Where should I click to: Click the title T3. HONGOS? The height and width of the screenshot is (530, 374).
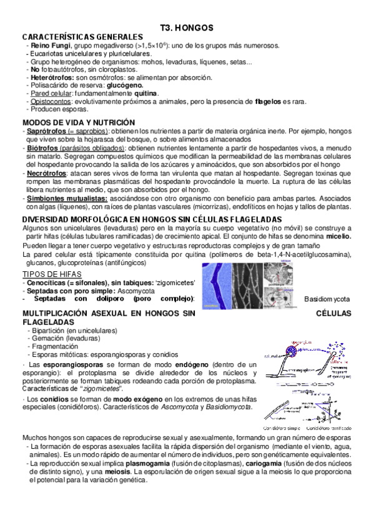(187, 28)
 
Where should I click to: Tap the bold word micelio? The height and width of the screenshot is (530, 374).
(337, 237)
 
